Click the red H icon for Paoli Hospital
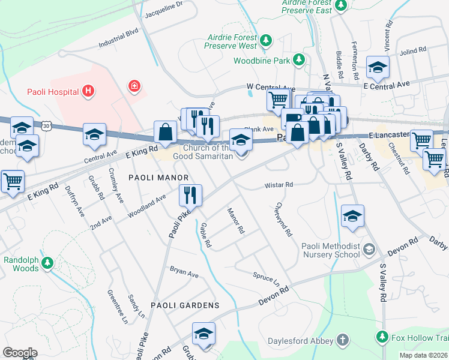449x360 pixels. coord(88,92)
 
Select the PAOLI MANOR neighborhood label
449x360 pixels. coord(158,178)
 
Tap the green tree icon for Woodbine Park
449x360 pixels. coord(298,60)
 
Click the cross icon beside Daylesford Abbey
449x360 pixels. coord(342,341)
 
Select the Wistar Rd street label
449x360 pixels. coord(279,185)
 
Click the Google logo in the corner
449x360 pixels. coord(20,353)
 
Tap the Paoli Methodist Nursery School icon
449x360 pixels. coord(369,248)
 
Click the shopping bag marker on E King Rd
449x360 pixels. coord(164,133)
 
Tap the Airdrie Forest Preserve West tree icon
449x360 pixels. coord(265,41)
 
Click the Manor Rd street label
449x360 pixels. coord(236,221)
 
